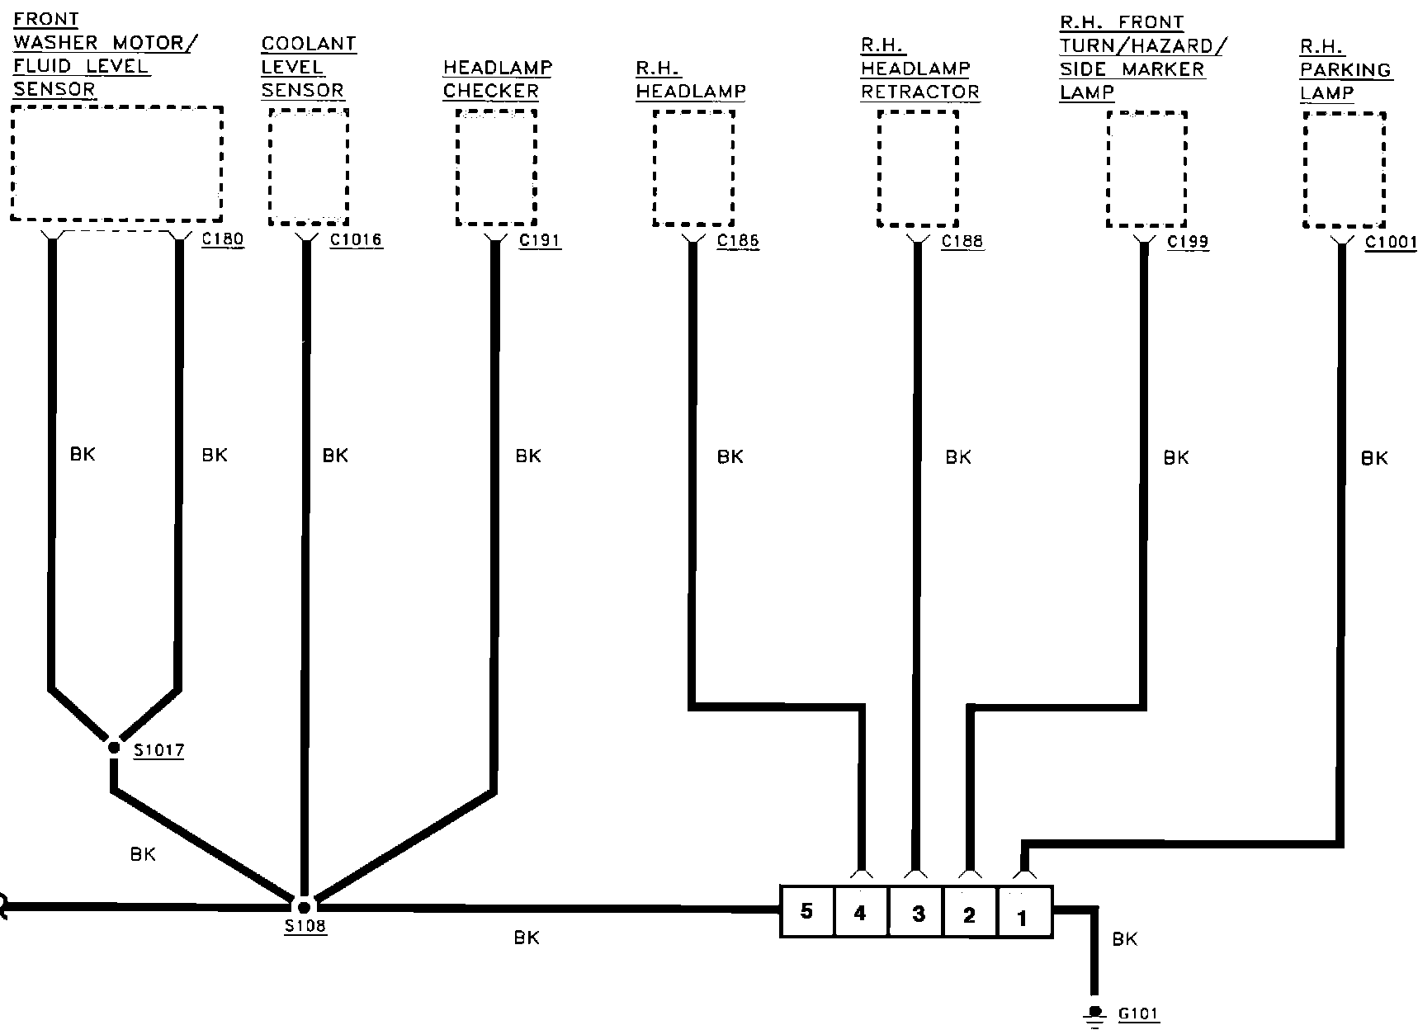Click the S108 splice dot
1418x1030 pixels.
[304, 907]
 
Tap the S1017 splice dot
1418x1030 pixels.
[114, 748]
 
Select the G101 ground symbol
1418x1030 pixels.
[1095, 1014]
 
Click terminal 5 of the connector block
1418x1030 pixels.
[807, 912]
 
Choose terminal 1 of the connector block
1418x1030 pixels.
[1023, 914]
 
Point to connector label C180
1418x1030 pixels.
[223, 240]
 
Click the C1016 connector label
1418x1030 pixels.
[356, 241]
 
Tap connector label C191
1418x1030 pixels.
[540, 241]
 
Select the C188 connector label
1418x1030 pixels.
[962, 242]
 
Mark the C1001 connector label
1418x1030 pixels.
[1390, 243]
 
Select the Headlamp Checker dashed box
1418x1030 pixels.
[496, 168]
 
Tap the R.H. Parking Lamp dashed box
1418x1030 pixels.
[1344, 169]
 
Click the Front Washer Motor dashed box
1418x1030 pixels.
[117, 163]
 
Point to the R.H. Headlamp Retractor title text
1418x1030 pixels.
[919, 69]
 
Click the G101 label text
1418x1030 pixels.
[1138, 1013]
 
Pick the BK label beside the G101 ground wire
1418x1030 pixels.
[1124, 939]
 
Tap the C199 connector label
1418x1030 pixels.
[1188, 242]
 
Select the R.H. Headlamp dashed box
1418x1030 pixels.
[693, 168]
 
